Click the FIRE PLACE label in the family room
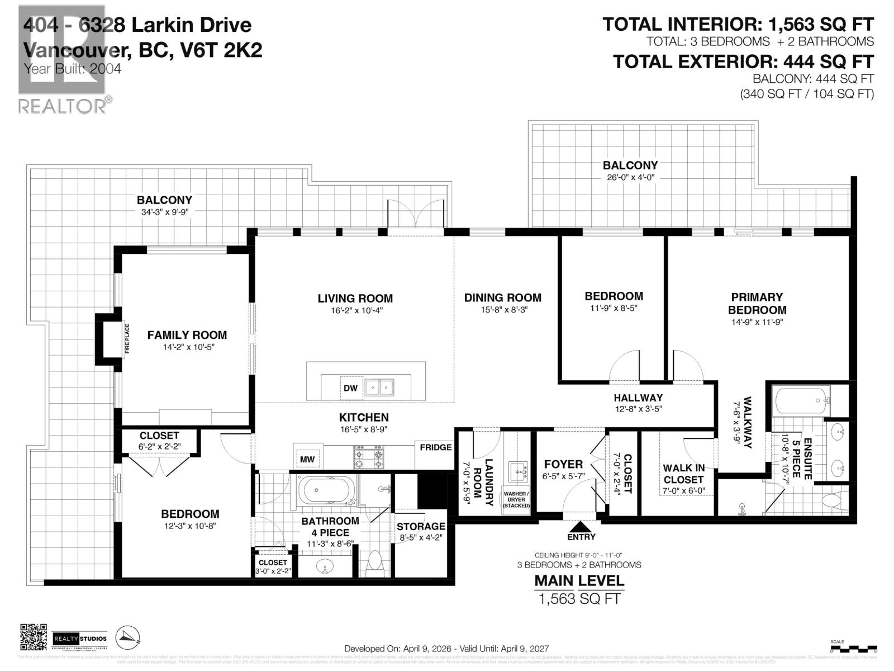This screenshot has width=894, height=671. pos(127,339)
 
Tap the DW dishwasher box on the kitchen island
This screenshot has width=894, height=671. pos(350,388)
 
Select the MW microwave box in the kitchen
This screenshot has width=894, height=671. pos(307,460)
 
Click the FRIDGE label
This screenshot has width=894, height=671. pos(436,447)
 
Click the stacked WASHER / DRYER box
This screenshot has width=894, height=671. pos(516,499)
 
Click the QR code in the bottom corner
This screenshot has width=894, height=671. pos(34,638)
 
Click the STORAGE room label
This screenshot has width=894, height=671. pos(421,526)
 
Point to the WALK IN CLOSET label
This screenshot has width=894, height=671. pos(683,474)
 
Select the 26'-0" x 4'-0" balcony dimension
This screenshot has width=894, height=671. pos(630,177)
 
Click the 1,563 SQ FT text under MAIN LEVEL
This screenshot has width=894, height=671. pos(579,598)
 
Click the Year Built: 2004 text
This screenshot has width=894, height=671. pos(73,69)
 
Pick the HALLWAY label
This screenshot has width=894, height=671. pos(638,398)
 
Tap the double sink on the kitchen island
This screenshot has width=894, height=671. pos(379,387)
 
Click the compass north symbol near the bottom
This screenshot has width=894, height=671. pos(129,637)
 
